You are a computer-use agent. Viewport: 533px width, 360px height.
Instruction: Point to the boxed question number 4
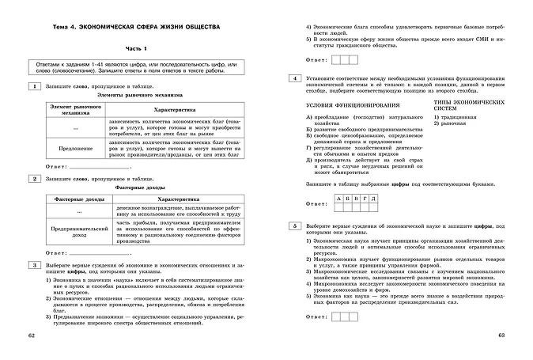[294, 79]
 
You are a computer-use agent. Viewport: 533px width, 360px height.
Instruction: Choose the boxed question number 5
[294, 226]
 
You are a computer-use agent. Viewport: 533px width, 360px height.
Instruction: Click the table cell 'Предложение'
[74, 147]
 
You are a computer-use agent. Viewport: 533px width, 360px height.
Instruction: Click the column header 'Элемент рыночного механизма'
[74, 108]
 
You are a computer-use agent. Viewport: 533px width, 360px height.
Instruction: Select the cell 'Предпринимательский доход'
[74, 229]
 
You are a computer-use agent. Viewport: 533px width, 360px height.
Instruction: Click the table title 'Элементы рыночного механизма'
[135, 94]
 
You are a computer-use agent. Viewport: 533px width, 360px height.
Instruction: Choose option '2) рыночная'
[450, 123]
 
